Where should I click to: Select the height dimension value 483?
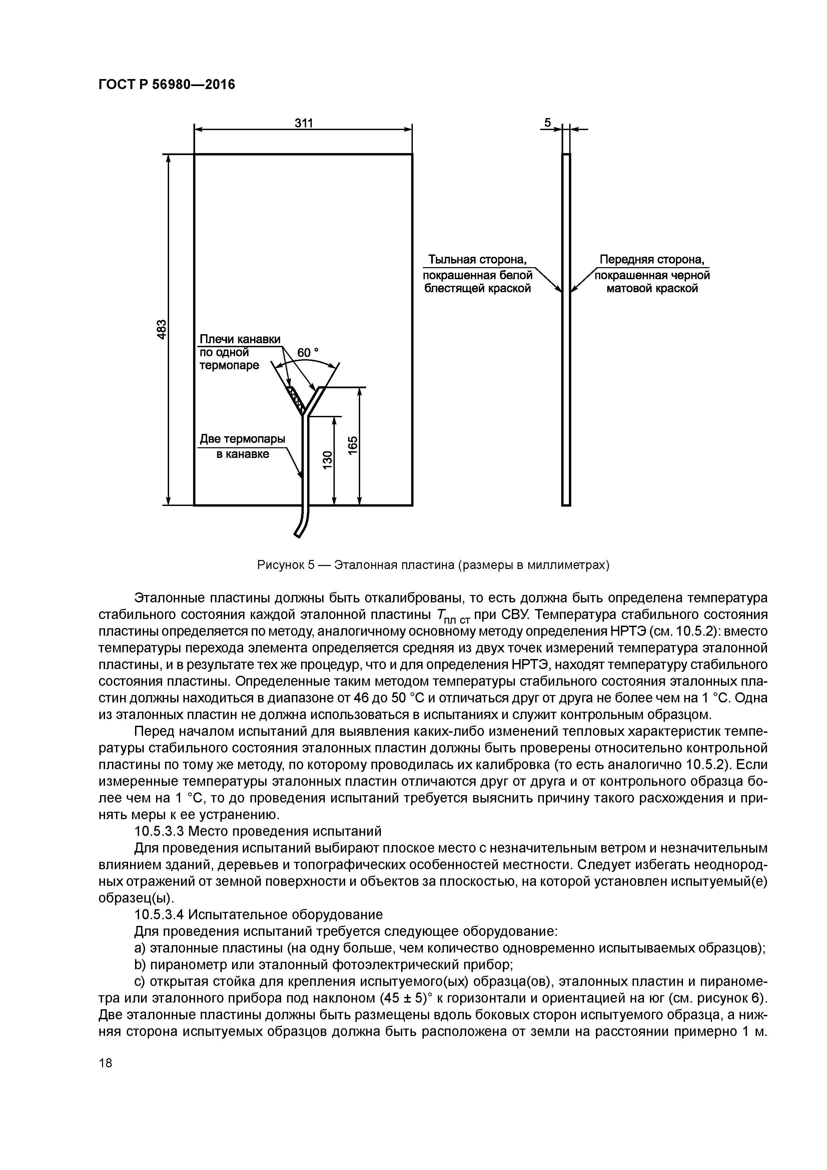click(161, 329)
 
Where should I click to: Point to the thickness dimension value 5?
click(547, 123)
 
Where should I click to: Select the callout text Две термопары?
click(242, 439)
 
